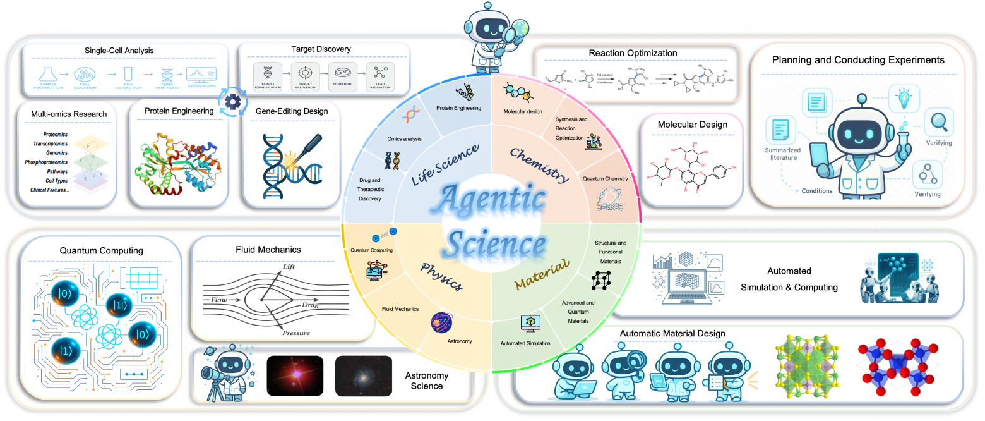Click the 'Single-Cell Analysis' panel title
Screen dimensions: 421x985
pos(119,50)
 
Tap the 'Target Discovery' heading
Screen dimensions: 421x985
pos(321,49)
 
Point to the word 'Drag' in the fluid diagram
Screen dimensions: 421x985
pos(311,305)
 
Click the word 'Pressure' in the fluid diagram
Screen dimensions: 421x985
pos(295,333)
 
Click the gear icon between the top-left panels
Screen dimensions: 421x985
pos(233,102)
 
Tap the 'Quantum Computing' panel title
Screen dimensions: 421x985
pos(102,250)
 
